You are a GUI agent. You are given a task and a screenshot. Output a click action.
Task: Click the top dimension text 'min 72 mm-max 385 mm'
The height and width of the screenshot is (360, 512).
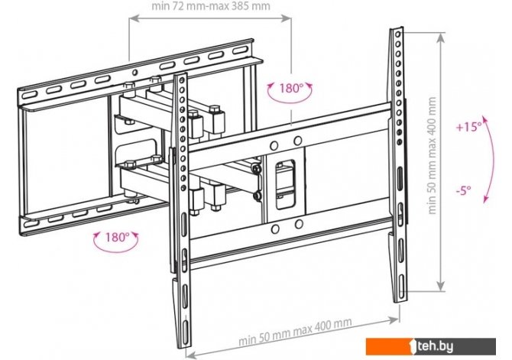tap(211, 6)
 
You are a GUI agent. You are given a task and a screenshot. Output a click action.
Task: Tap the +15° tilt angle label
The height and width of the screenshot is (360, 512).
tap(469, 127)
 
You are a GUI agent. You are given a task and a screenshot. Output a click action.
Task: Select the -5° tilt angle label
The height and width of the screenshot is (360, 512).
tap(464, 190)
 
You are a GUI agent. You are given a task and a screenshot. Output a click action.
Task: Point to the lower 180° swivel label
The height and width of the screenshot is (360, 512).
tap(117, 237)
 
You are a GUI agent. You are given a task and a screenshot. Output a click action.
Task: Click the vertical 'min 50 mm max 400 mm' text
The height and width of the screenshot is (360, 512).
tap(432, 155)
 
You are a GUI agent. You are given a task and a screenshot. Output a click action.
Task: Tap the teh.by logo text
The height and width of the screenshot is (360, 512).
tap(435, 346)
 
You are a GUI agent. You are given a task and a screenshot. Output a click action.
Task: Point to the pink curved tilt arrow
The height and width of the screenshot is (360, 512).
tap(492, 160)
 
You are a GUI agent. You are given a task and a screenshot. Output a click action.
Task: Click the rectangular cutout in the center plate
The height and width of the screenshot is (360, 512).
tap(285, 184)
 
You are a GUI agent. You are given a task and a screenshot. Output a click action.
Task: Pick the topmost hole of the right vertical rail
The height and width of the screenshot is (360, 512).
tap(397, 34)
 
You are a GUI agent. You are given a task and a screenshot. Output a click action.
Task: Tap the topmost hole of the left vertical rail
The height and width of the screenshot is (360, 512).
tap(182, 80)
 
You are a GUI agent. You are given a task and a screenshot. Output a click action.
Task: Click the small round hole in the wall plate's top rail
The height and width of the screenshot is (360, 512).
tap(134, 72)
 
